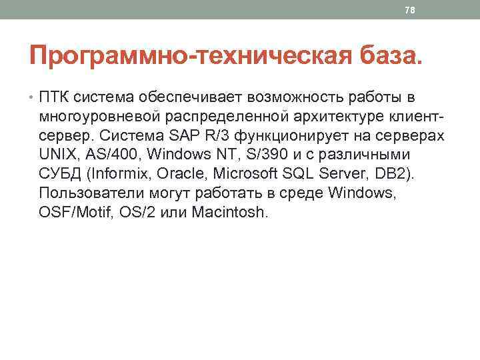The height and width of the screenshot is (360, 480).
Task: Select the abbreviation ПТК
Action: point(55,99)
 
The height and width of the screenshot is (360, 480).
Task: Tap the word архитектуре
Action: point(341,117)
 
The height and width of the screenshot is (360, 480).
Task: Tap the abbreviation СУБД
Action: point(61,175)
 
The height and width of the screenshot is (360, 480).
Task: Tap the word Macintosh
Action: point(229,213)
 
